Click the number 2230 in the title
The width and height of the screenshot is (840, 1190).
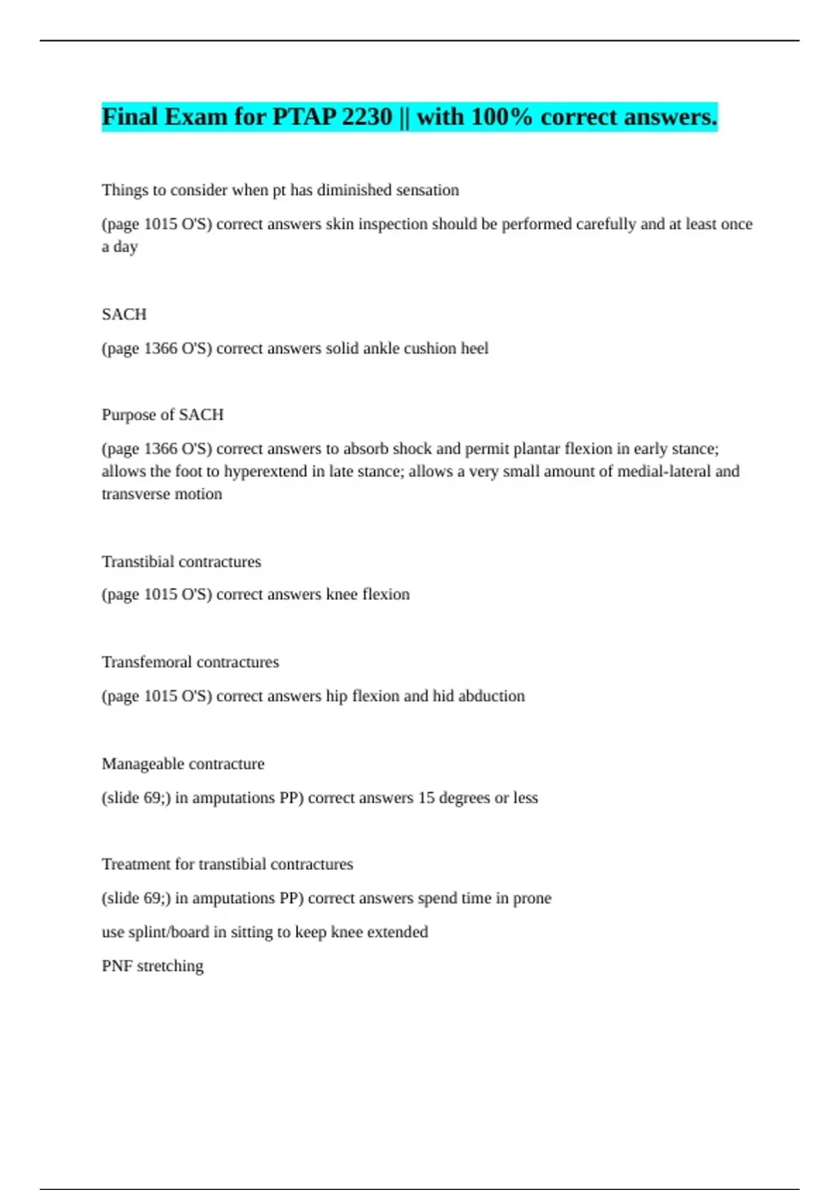366,117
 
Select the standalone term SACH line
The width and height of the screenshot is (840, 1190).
124,314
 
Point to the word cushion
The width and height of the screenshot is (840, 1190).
426,349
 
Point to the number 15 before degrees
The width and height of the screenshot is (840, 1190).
426,798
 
